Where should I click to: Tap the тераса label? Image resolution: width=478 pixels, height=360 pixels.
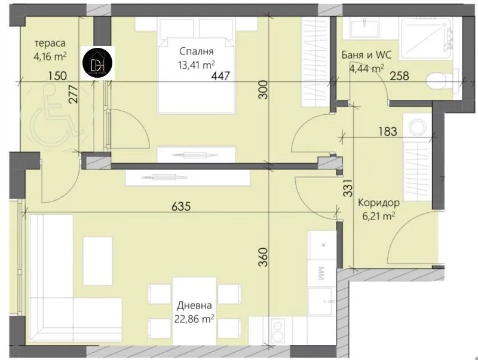point(50,44)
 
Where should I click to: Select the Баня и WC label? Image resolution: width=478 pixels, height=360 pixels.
point(366,54)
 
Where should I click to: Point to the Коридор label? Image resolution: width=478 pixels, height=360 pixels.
point(378,203)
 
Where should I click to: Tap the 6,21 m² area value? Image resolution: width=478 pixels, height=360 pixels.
point(378,216)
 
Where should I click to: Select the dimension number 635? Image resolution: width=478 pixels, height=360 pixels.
point(180,207)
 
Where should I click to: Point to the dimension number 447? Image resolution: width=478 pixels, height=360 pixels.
point(221,76)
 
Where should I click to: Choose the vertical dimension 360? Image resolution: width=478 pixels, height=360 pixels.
point(265,257)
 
